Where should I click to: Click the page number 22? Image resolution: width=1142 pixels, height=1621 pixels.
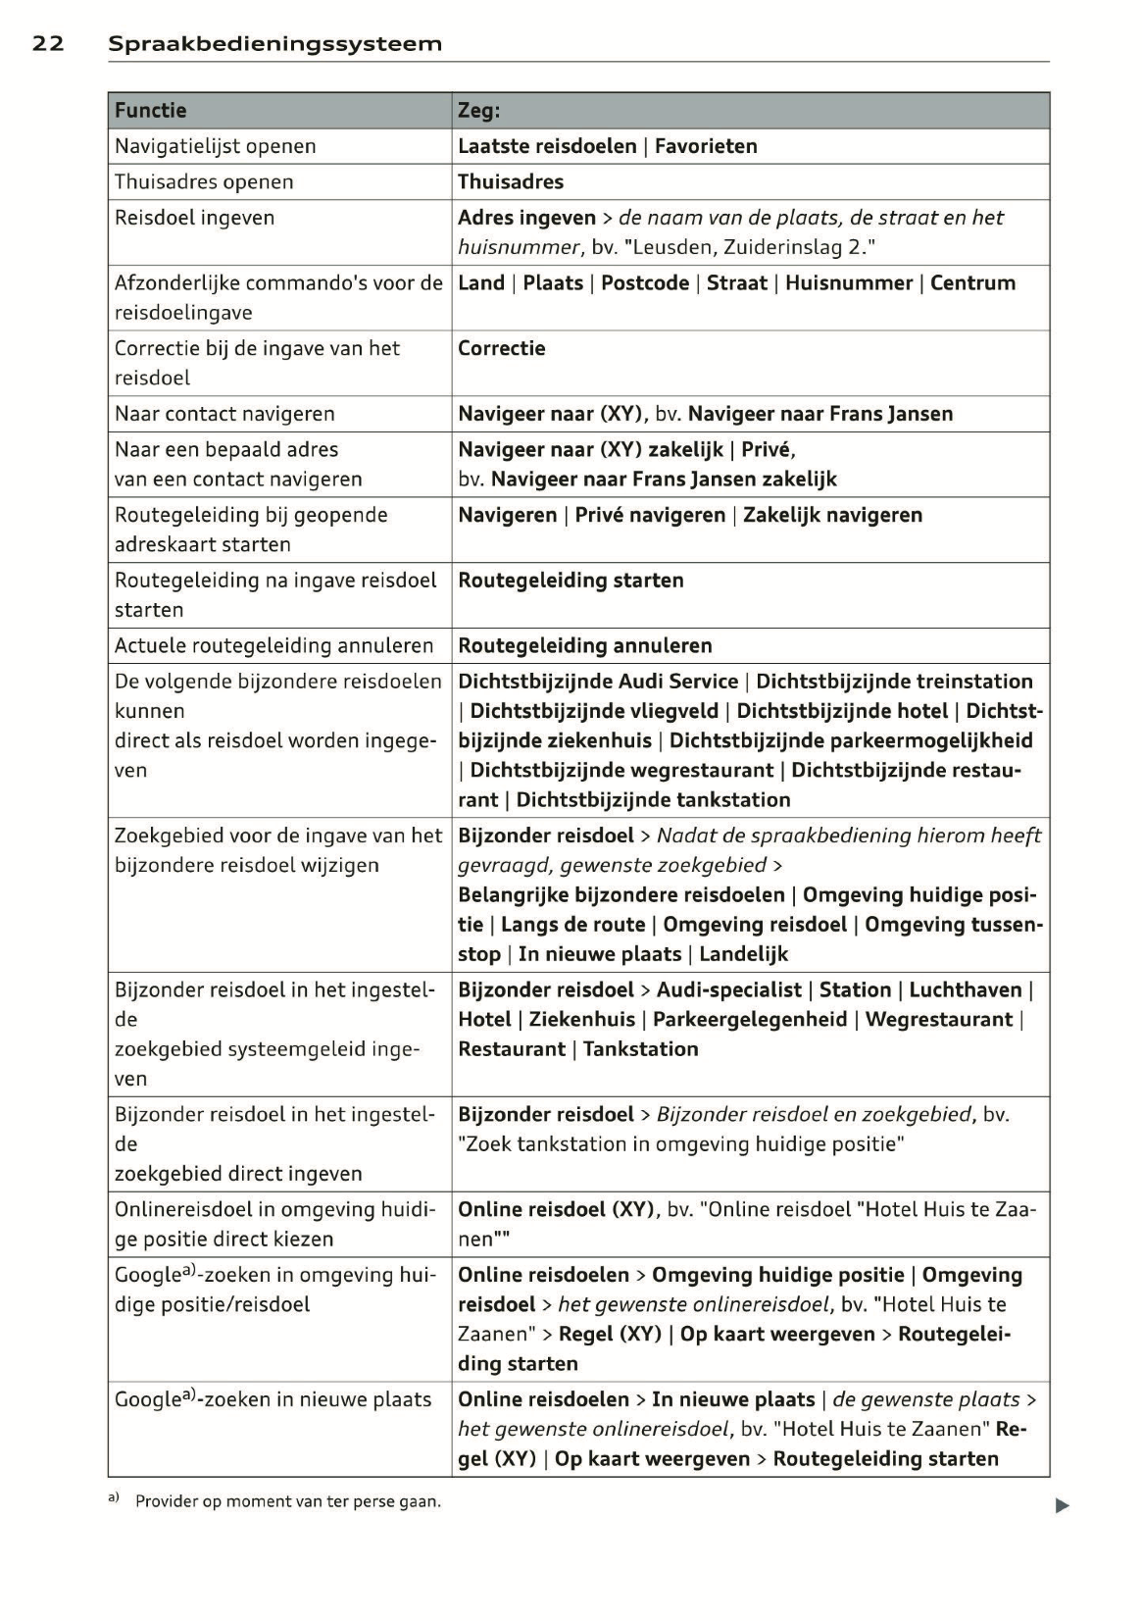pos(48,43)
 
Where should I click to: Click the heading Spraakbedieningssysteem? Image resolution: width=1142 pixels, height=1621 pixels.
pos(274,43)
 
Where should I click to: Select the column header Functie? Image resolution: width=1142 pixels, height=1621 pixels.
pos(150,110)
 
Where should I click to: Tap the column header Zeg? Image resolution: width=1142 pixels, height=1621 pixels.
pos(478,110)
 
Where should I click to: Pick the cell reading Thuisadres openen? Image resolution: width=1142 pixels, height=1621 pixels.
pos(204,181)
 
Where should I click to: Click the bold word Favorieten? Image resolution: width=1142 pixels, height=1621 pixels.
pos(706,146)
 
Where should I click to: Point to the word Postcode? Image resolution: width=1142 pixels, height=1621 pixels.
pos(645,282)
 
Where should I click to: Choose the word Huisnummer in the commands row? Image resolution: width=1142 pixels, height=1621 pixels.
pos(849,282)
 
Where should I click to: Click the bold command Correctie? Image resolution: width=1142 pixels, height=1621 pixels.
pos(501,348)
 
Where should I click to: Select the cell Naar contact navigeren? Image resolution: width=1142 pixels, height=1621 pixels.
pos(224,414)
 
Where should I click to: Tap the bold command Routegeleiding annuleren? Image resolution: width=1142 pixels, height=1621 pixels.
pos(585,645)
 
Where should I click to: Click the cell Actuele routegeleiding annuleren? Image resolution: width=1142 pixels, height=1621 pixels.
pos(273,645)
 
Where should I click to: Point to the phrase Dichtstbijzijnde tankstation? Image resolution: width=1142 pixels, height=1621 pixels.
pos(653,799)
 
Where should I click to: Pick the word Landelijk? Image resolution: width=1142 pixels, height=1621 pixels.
pos(743,954)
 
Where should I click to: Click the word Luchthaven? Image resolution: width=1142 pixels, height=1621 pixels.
pos(966,989)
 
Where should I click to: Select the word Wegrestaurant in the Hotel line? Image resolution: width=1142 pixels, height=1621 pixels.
pos(938,1019)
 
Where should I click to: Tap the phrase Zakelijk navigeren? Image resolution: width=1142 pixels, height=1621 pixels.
pos(832,515)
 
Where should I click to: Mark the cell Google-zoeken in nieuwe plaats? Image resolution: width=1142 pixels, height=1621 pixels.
pos(273,1399)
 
